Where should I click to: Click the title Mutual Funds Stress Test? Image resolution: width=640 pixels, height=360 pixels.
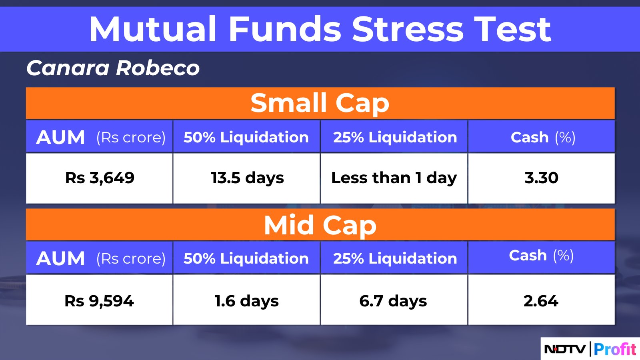[x=320, y=29]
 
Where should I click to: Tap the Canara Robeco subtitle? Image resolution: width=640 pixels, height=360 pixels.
[x=113, y=68]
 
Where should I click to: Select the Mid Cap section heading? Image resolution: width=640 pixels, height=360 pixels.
[x=320, y=226]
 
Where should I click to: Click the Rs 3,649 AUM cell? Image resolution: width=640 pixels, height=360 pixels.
[x=100, y=178]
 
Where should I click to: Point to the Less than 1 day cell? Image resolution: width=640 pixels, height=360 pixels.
[x=394, y=178]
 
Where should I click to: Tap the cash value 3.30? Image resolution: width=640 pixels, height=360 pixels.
[x=542, y=178]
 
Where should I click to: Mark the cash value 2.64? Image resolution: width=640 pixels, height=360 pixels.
[x=541, y=301]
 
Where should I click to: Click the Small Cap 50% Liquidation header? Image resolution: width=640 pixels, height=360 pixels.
[x=246, y=137]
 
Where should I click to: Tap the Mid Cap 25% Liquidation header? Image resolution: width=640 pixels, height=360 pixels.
[x=395, y=258]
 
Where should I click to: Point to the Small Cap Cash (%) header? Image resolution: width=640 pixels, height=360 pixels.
[x=543, y=138]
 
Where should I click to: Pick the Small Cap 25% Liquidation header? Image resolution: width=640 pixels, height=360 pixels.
[x=395, y=137]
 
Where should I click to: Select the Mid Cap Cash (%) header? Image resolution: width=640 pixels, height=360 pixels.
[x=541, y=256]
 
